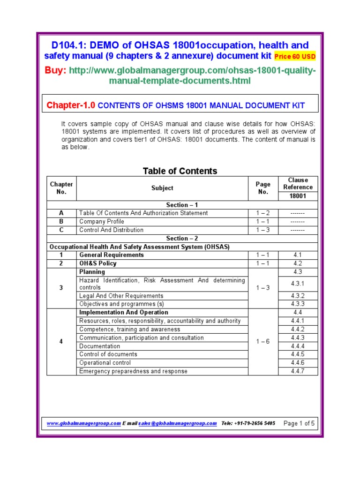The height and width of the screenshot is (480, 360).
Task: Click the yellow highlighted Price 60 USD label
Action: [x=295, y=57]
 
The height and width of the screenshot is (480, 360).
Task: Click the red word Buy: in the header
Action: [x=55, y=70]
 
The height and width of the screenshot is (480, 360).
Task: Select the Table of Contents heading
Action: [x=180, y=171]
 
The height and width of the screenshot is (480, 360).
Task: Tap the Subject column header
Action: [x=162, y=188]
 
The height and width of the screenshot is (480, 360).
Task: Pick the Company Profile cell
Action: [x=102, y=221]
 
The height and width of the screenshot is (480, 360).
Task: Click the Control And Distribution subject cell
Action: [x=111, y=230]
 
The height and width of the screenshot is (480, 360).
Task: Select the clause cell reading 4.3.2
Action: [x=298, y=296]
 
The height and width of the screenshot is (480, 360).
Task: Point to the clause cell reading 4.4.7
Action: [x=298, y=371]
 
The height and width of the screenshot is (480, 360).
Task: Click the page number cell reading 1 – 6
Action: [x=262, y=342]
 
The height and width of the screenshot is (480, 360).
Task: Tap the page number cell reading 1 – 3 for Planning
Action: [x=262, y=288]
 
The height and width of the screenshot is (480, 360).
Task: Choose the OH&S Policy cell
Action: [x=98, y=263]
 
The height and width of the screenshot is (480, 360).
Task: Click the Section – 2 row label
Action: [x=182, y=238]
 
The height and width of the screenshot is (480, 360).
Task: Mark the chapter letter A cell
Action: [x=61, y=213]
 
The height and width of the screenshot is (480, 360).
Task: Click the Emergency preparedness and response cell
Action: [x=133, y=371]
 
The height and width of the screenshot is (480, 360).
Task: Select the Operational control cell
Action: [x=105, y=362]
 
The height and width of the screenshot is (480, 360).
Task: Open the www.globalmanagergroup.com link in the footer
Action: [x=83, y=423]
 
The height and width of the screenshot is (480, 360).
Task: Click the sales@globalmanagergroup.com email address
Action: [x=177, y=423]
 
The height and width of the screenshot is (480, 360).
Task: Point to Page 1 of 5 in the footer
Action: [x=299, y=423]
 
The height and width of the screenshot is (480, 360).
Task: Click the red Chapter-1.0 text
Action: [x=71, y=105]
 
